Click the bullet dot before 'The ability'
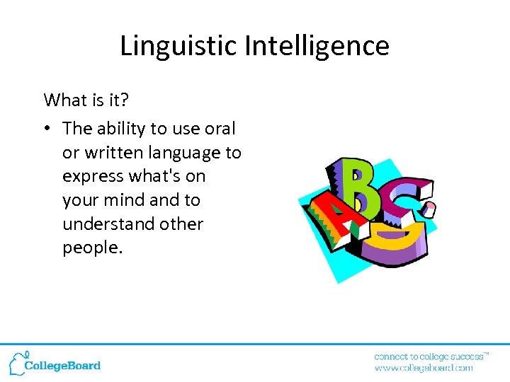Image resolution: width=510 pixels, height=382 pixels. (48, 129)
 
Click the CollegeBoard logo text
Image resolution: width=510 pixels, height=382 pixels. (62, 366)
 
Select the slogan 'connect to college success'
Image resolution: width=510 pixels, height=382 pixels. (429, 356)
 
